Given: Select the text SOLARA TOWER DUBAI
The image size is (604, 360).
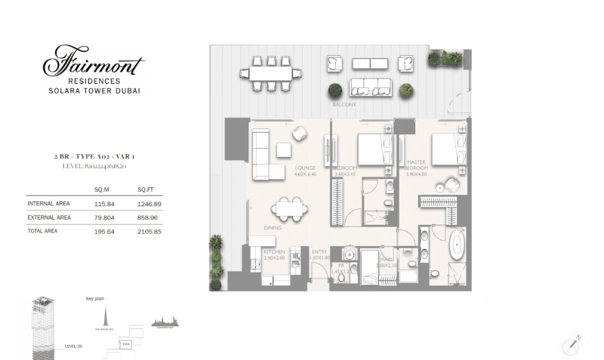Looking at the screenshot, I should pos(94,91).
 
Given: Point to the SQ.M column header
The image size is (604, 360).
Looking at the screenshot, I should pos(102,189).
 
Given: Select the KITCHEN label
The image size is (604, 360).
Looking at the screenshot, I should pos(273,251).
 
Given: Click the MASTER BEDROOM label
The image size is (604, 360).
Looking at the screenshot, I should pos(417,165).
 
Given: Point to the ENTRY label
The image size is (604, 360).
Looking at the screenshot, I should pos(319,251).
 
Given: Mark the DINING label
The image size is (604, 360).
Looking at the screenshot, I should pos(273,227).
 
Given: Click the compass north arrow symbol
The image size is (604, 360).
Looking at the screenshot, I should pos(572,344).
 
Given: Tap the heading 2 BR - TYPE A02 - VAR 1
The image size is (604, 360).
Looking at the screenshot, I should pos(94,157).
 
